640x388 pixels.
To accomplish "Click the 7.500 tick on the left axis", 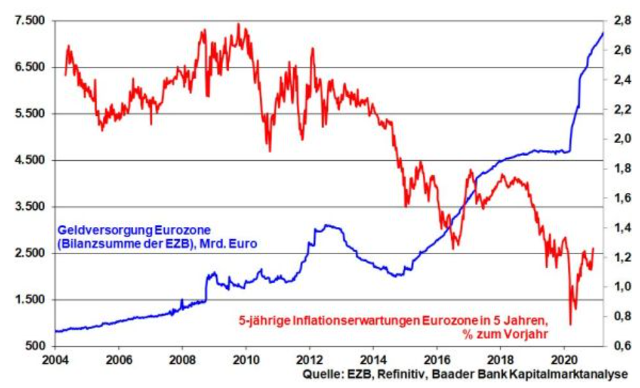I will coord(29,21).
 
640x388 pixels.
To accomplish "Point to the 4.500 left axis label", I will coord(29,160).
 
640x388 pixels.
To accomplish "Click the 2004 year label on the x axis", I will coord(54,359).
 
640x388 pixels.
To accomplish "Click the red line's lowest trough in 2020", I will coord(570,325).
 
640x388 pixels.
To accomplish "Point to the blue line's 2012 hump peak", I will coord(327,226).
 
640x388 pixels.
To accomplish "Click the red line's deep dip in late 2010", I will coord(270,150).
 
